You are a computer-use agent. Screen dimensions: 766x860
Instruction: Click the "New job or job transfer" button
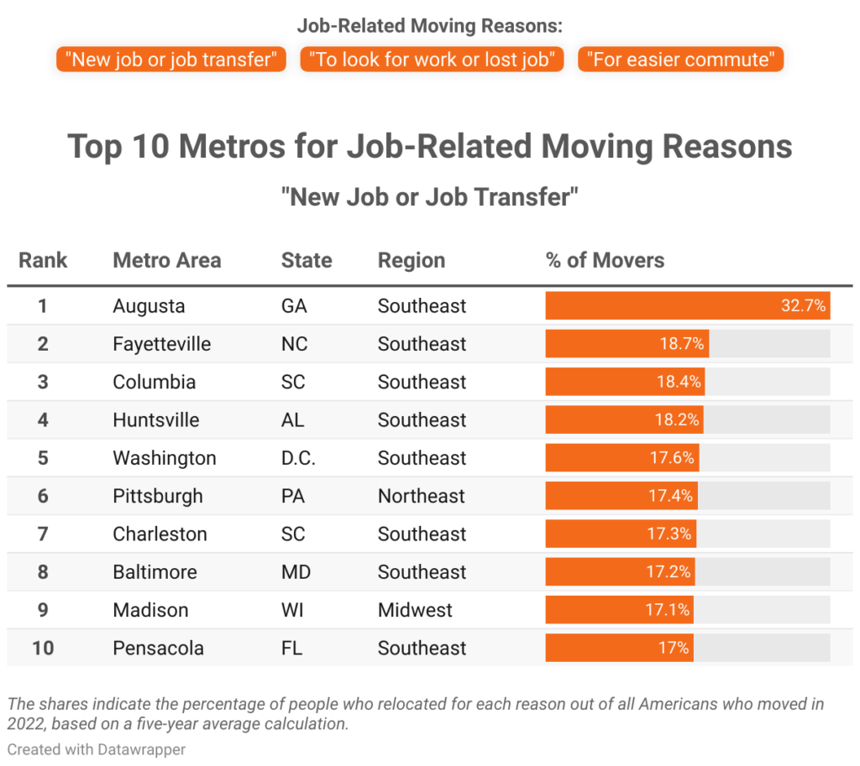pyautogui.click(x=171, y=60)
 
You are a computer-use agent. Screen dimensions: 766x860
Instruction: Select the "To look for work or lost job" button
pyautogui.click(x=432, y=60)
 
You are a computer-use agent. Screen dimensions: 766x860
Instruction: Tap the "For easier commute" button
pyautogui.click(x=680, y=60)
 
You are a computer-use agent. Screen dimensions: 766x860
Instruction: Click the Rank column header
pyautogui.click(x=43, y=260)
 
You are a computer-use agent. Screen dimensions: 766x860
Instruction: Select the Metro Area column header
pyautogui.click(x=166, y=260)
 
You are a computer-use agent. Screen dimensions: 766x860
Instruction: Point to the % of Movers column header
pyautogui.click(x=605, y=260)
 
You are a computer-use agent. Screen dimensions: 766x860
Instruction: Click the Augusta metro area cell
pyautogui.click(x=149, y=306)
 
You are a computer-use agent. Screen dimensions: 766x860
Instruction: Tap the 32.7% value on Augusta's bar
pyautogui.click(x=803, y=306)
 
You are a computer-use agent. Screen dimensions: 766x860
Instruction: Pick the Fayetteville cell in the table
pyautogui.click(x=161, y=344)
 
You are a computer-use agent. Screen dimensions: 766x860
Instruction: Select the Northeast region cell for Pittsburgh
pyautogui.click(x=421, y=496)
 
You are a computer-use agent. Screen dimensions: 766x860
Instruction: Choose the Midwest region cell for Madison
pyautogui.click(x=415, y=610)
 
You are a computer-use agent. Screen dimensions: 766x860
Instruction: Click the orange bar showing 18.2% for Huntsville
pyautogui.click(x=624, y=420)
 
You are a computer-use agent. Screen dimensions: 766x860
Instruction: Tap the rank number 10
pyautogui.click(x=43, y=648)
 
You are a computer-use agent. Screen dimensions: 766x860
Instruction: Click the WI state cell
pyautogui.click(x=292, y=610)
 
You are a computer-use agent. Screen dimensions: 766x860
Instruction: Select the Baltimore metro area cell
pyautogui.click(x=155, y=572)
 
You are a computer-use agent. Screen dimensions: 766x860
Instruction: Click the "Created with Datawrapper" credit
pyautogui.click(x=96, y=749)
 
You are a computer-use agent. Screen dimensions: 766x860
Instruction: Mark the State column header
pyautogui.click(x=307, y=260)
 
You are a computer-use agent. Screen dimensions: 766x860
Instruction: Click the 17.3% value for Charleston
pyautogui.click(x=669, y=534)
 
